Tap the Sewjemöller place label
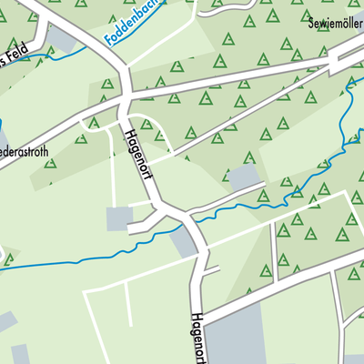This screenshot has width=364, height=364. coord(335,21)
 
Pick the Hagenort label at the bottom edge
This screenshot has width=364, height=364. coord(201,338)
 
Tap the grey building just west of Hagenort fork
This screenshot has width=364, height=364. coord(119,218)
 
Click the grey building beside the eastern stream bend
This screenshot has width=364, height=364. coord(244,177)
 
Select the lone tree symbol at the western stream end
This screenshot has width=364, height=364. coord(8,258)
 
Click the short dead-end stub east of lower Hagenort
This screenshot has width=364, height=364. coord(211,270)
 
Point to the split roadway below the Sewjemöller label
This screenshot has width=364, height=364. coord(341,59)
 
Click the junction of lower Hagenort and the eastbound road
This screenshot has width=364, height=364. coord(202,318)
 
